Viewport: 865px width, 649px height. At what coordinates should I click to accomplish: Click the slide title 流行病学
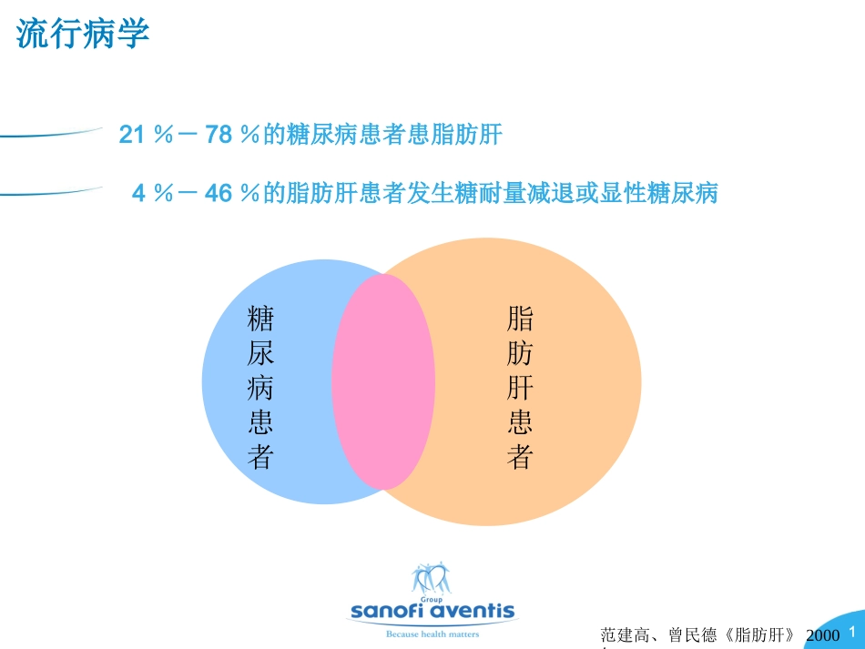coord(83,35)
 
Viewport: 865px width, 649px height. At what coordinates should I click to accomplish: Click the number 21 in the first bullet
coord(132,136)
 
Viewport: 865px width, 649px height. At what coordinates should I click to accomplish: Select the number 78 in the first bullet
coord(219,136)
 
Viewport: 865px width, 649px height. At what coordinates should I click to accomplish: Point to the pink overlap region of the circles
coord(382,381)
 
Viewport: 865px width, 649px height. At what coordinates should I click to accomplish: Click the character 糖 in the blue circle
coord(260,319)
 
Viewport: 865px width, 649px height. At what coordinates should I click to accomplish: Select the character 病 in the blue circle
coord(260,388)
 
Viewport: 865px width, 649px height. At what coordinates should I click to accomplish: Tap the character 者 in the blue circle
coord(260,456)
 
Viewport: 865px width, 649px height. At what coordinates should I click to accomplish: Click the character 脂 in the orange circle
coord(520,319)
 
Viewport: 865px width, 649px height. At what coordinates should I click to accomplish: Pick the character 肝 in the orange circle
coord(520,388)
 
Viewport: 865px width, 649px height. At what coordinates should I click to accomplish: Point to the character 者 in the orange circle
coord(520,456)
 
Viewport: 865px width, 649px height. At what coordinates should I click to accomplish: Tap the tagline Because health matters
coord(432,634)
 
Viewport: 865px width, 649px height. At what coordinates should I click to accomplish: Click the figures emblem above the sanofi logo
coord(431,579)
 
